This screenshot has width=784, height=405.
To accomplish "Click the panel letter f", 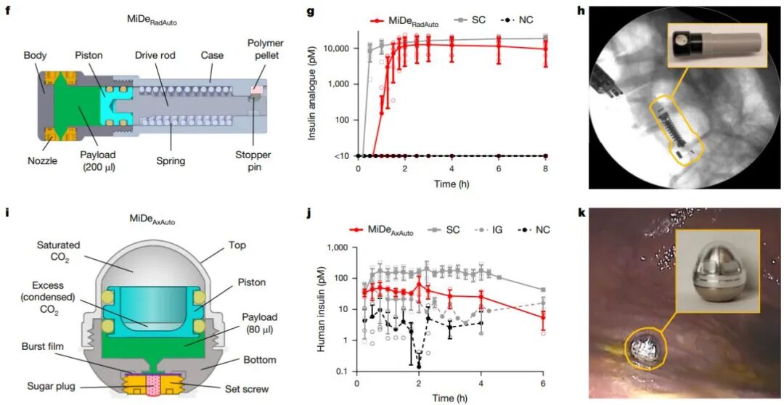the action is (9, 8).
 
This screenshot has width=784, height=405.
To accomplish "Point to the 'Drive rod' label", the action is (166, 55).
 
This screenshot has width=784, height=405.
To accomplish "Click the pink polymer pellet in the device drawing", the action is (258, 89).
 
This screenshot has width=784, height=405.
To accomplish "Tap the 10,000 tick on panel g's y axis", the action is (340, 48).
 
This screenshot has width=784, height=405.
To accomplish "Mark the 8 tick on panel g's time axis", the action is (545, 170).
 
